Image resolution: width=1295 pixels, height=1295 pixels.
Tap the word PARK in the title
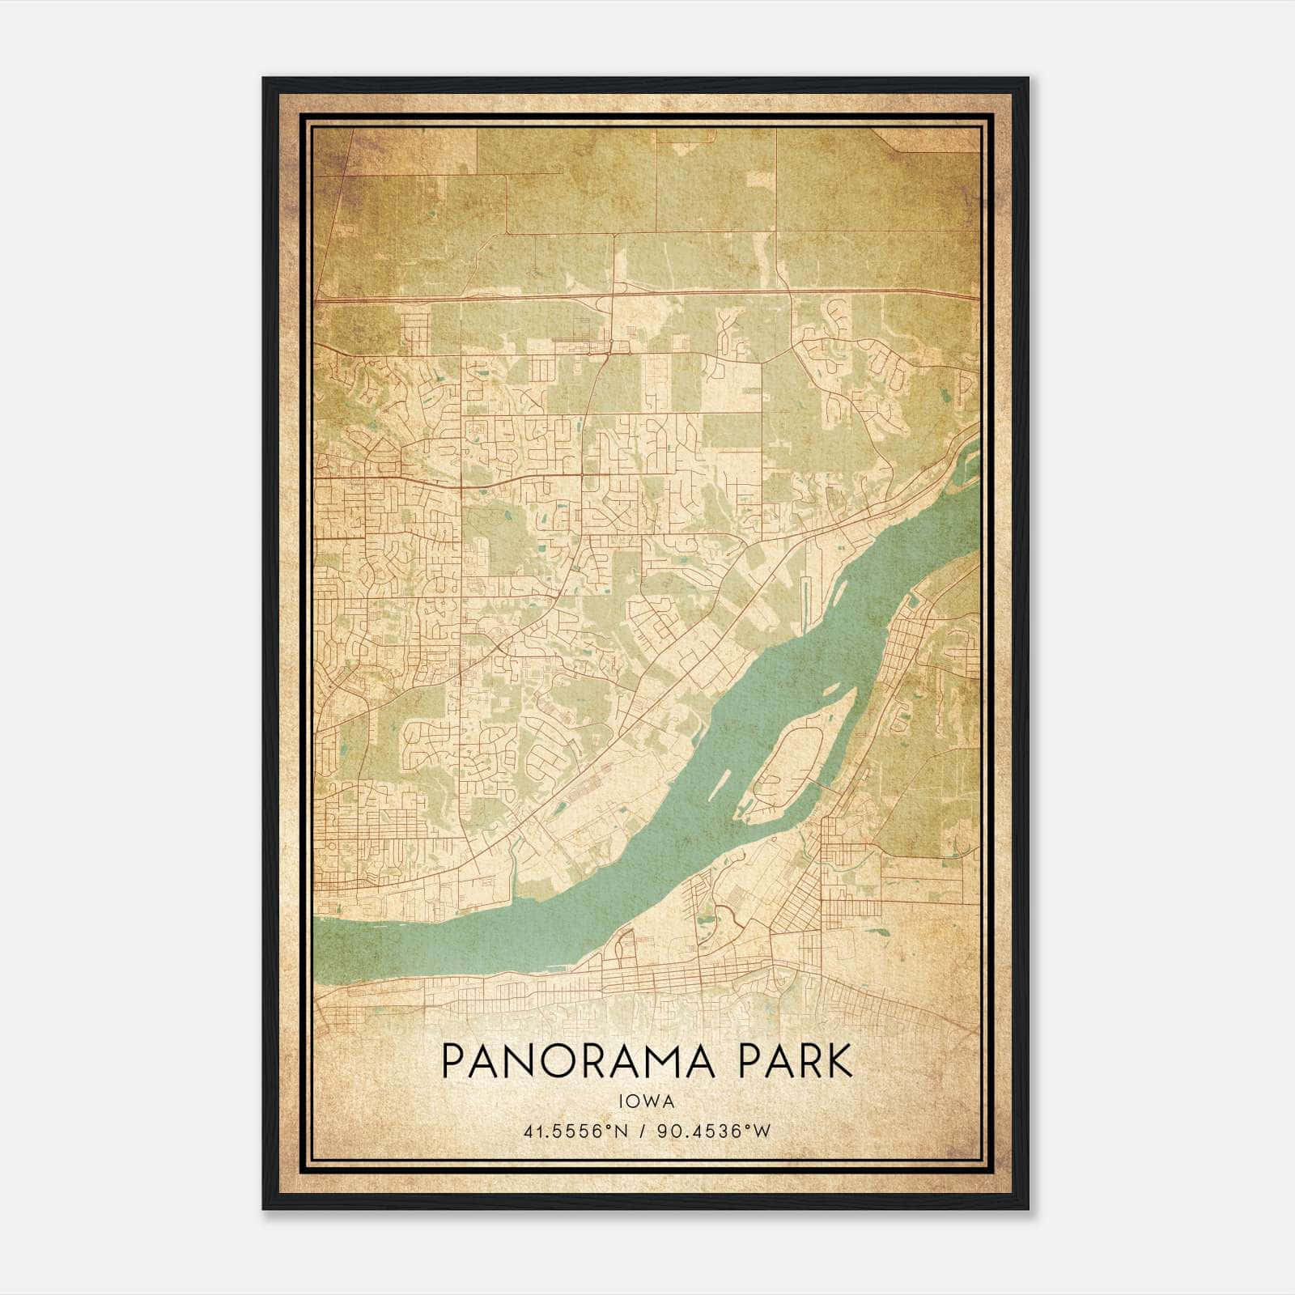point(794,1061)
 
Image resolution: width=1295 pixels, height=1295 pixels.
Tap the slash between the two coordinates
point(643,1131)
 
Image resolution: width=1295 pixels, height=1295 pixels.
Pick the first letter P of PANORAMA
point(454,1061)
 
